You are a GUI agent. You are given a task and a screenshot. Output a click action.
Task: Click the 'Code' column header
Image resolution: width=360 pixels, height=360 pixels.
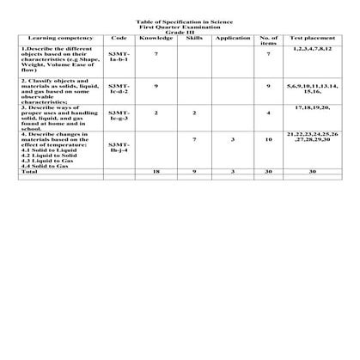tap(119, 38)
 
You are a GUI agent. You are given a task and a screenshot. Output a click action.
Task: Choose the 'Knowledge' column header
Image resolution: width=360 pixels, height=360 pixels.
tap(156, 38)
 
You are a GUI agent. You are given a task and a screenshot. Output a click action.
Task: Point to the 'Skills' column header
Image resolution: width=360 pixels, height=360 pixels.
tap(194, 38)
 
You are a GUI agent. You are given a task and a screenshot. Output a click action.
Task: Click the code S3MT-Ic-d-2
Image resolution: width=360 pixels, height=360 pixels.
tap(119, 88)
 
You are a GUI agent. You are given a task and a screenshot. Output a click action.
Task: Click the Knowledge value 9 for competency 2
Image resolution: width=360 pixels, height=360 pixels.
tap(156, 86)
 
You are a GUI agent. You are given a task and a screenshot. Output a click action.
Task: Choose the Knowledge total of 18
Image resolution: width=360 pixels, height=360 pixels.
tap(156, 172)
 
